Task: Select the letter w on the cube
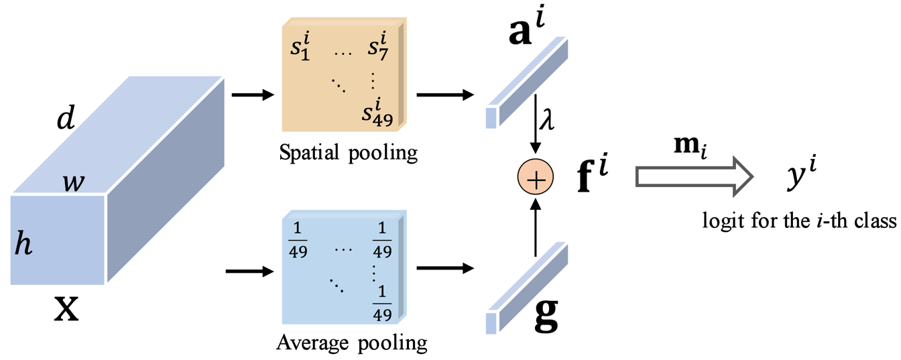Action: [74, 182]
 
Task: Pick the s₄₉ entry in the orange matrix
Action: [377, 113]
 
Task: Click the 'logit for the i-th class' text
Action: [799, 221]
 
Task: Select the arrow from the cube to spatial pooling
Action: [252, 94]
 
